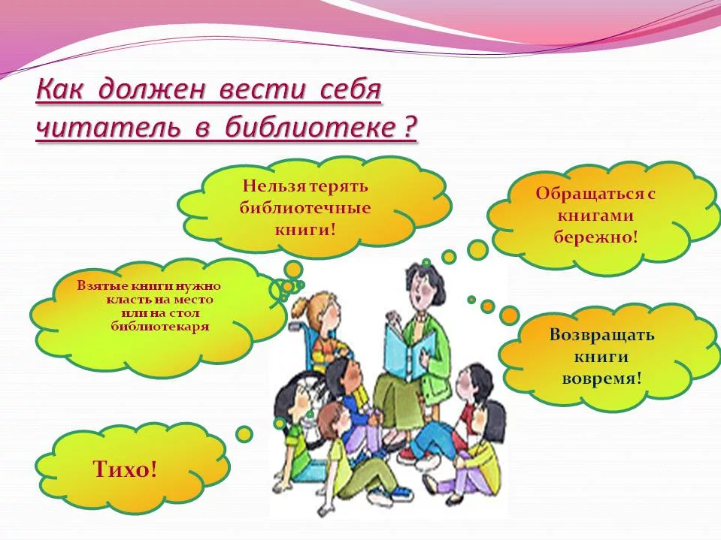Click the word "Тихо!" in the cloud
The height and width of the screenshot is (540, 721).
125,469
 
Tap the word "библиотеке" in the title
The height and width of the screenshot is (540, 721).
310,126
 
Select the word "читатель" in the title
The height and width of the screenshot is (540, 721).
108,127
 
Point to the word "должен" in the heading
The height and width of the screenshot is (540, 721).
151,90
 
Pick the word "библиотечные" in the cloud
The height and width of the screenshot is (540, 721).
304,207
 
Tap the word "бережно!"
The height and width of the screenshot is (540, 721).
595,237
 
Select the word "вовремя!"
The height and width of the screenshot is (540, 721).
601,378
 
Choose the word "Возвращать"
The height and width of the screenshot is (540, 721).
601,334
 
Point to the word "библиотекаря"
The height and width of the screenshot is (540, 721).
160,327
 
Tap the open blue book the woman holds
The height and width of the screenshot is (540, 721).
408,350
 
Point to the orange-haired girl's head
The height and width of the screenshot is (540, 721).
322,313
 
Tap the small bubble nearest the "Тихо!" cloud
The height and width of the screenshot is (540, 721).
244,434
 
